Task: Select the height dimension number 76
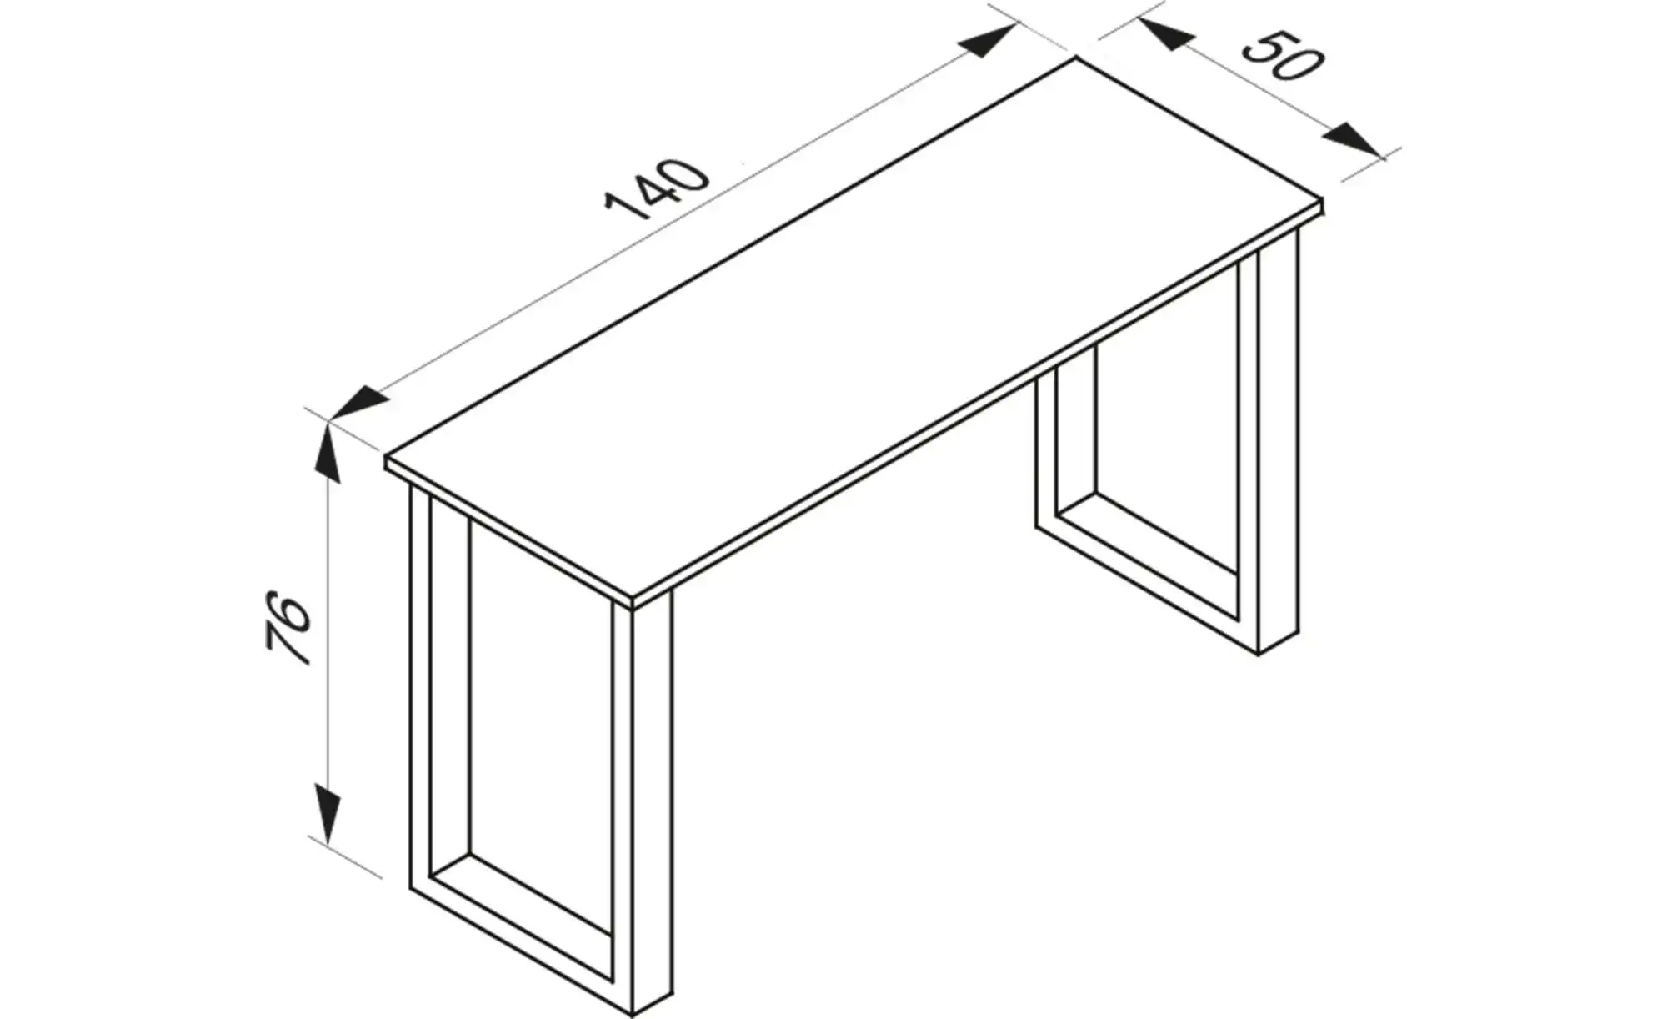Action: (x=288, y=630)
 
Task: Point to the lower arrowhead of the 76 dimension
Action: (x=330, y=814)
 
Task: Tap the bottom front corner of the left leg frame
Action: (x=633, y=1017)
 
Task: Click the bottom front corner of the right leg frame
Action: (x=1259, y=655)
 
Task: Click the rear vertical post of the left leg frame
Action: (x=421, y=688)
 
